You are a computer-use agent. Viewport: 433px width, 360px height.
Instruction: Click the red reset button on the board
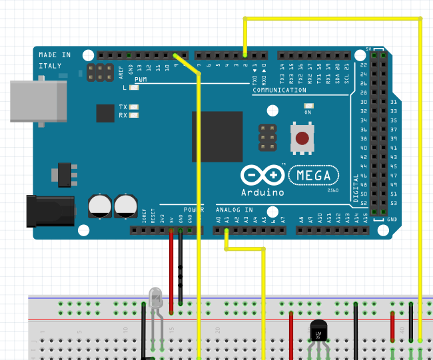(303, 138)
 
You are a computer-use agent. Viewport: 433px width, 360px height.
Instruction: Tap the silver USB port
(39, 102)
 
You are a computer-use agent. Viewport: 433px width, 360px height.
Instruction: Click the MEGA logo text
(317, 175)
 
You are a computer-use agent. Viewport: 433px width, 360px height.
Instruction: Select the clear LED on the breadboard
(156, 297)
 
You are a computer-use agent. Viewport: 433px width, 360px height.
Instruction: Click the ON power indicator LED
(308, 106)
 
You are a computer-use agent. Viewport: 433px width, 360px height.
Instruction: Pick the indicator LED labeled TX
(135, 106)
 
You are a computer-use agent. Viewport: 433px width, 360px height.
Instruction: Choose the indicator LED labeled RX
(135, 115)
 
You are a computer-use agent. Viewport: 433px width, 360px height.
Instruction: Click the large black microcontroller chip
(217, 137)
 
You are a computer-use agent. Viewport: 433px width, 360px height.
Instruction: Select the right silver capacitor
(126, 205)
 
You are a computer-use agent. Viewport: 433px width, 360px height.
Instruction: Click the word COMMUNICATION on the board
(279, 90)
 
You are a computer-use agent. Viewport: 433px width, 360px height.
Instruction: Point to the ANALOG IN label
(235, 208)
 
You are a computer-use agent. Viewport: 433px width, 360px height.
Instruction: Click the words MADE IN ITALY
(55, 61)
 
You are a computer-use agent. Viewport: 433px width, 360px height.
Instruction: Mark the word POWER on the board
(194, 208)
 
